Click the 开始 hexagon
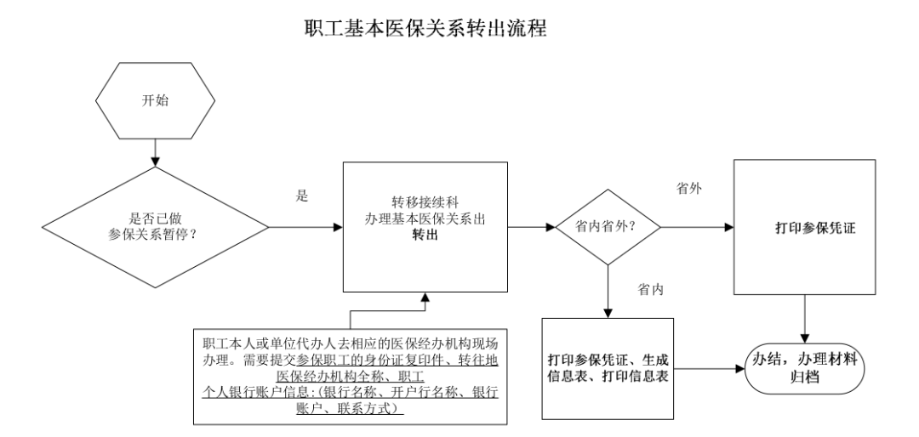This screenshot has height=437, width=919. click(x=154, y=100)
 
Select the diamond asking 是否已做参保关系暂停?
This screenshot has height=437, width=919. click(x=154, y=228)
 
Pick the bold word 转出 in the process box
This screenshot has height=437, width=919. click(x=426, y=241)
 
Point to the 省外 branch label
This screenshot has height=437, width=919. click(x=688, y=190)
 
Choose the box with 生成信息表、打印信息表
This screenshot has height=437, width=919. click(x=607, y=368)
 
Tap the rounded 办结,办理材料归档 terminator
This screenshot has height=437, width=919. click(x=804, y=368)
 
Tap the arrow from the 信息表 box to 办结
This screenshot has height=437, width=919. click(x=707, y=368)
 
